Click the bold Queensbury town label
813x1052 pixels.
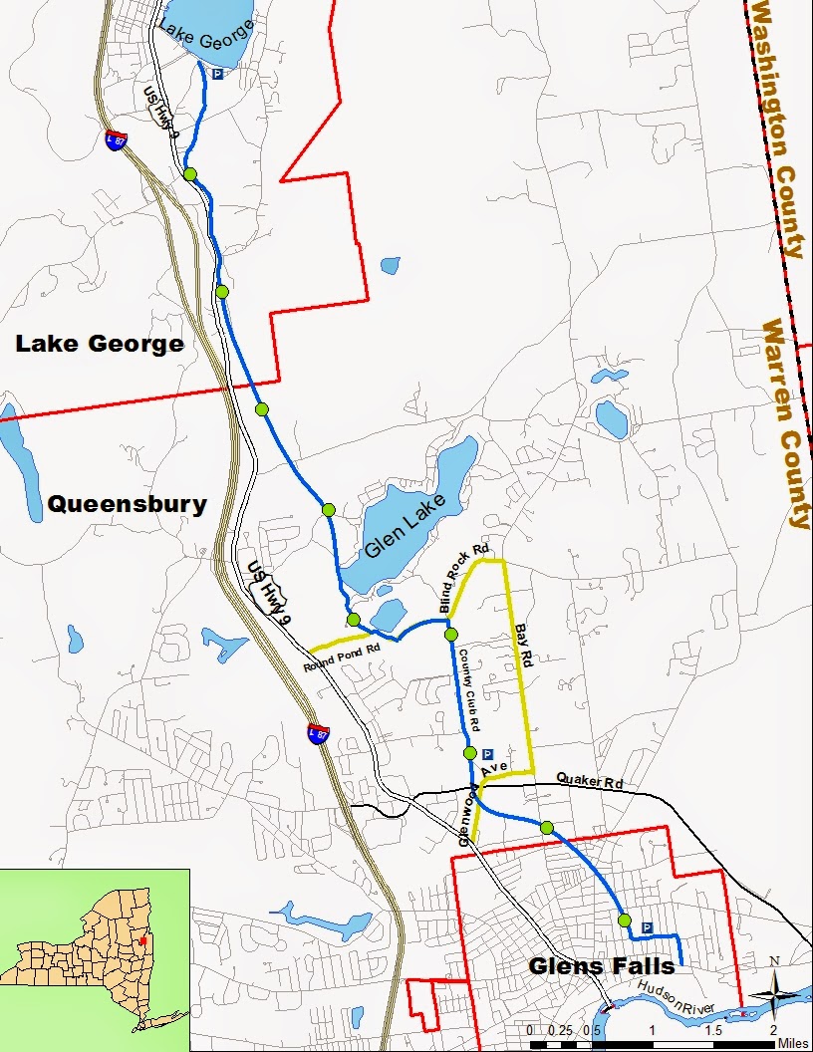click(x=127, y=504)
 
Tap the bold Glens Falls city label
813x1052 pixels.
click(x=602, y=965)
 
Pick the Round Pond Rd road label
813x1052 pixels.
click(x=343, y=659)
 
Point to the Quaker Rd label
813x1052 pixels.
click(x=588, y=781)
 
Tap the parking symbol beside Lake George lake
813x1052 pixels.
click(x=217, y=74)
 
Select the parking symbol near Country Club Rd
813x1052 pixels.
click(x=487, y=754)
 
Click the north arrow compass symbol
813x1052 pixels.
click(x=772, y=992)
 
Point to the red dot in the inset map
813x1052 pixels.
click(x=143, y=939)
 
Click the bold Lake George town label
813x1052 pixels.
click(x=100, y=344)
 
